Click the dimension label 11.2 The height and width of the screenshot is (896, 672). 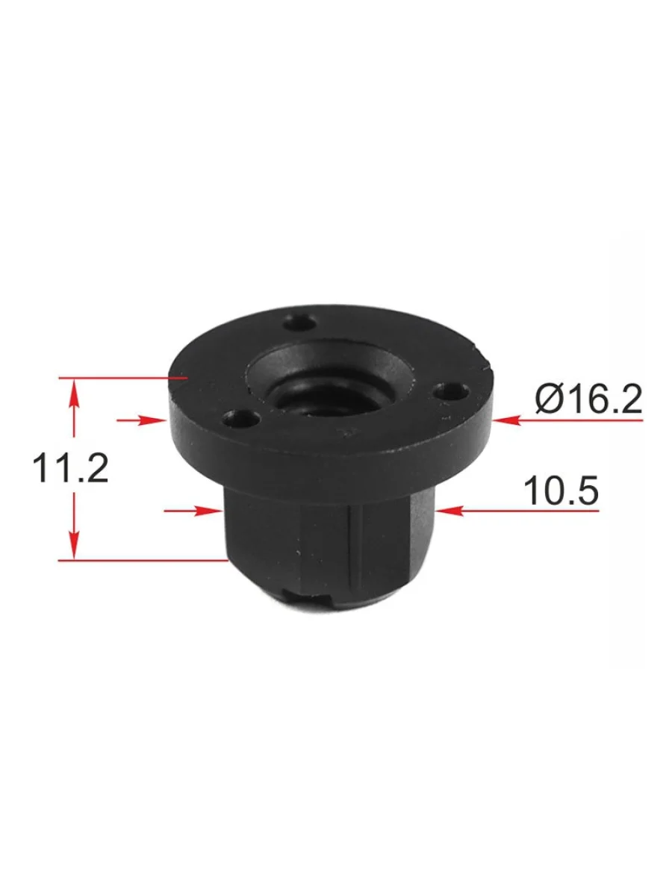click(71, 468)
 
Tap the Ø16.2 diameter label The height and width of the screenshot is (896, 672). click(589, 399)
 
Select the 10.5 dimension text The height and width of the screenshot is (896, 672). click(561, 490)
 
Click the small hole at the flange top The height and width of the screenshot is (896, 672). click(300, 323)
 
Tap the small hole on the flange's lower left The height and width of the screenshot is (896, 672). click(243, 419)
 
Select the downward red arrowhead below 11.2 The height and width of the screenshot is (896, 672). click(74, 545)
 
